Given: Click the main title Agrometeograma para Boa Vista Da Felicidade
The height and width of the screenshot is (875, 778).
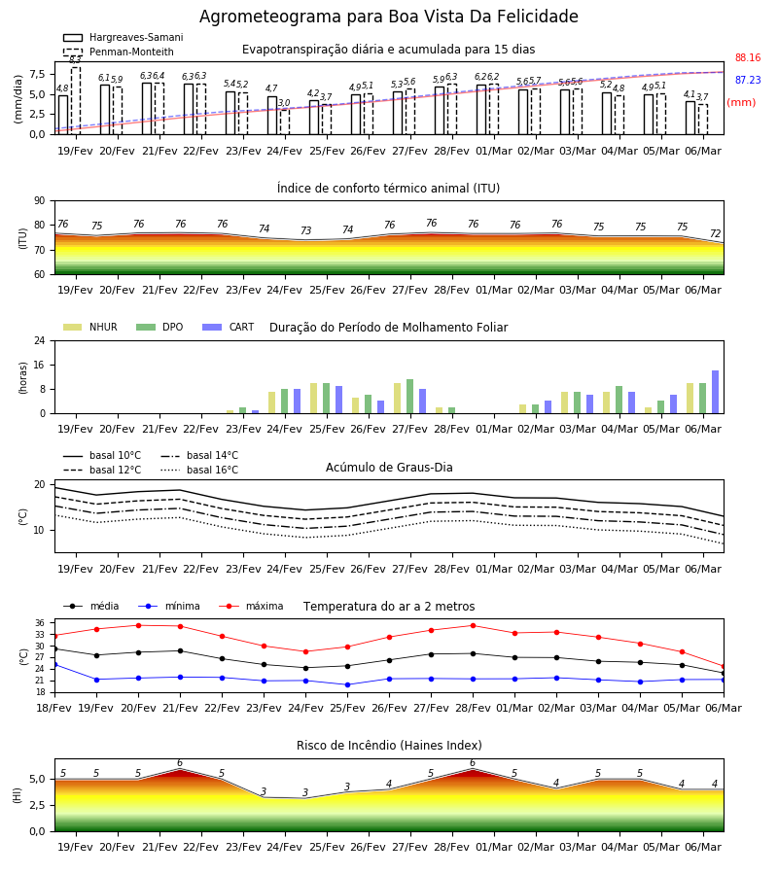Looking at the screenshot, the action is (388, 17).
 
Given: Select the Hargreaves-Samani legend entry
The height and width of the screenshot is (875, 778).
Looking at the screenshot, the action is (123, 37).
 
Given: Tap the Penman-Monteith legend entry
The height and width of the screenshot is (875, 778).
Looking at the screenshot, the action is (119, 52).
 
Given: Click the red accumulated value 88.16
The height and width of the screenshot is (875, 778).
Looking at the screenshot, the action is (748, 57).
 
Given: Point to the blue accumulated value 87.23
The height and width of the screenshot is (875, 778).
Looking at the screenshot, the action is (748, 80).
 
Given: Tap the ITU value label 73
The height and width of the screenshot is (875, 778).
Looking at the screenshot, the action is (305, 230).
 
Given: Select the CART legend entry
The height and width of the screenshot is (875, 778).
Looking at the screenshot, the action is (229, 327).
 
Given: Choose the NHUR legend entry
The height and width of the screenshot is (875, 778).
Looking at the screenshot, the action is (90, 327).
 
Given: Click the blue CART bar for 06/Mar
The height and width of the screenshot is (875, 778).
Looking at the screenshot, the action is (715, 392).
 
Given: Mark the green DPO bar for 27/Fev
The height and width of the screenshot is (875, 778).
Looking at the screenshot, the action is (409, 397).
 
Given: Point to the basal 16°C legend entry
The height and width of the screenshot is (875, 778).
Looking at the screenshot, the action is (199, 470).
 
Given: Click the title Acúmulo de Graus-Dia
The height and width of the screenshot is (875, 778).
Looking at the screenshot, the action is (389, 467).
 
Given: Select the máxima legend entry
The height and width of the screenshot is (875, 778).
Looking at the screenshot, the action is (251, 606).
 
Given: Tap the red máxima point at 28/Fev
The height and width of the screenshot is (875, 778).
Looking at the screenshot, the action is (474, 625).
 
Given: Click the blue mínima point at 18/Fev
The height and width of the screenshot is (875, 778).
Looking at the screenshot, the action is (54, 665).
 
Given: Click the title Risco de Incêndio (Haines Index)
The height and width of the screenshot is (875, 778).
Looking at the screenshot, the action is (389, 746).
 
